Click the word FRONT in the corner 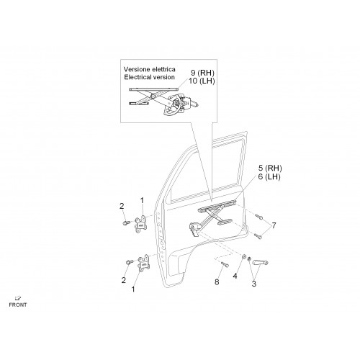click(18, 305)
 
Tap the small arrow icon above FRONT click(17, 298)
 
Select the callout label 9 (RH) click(202, 73)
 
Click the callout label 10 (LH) click(202, 81)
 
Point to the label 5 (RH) click(270, 168)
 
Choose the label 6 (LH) click(269, 176)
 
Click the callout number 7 click(274, 225)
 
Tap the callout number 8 click(217, 282)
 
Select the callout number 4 click(235, 276)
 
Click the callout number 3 click(254, 284)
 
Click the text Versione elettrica click(150, 69)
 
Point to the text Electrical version click(149, 77)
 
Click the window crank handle click(260, 262)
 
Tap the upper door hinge click(140, 225)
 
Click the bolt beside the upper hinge click(126, 223)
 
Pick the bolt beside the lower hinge click(130, 262)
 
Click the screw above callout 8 click(225, 264)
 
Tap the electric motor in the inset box click(189, 102)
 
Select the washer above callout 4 click(243, 257)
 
